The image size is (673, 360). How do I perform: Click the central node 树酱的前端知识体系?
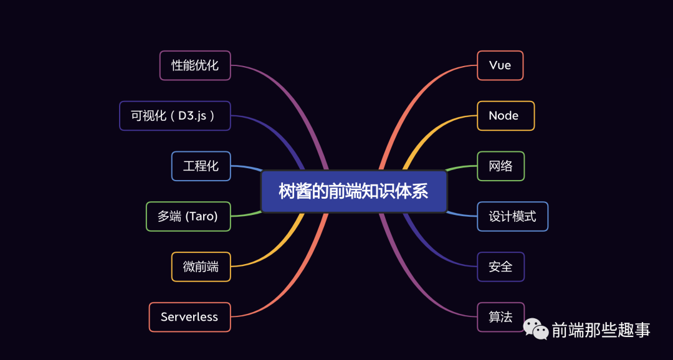pyautogui.click(x=354, y=191)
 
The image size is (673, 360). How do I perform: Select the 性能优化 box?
pyautogui.click(x=195, y=65)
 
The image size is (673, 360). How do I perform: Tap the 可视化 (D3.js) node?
pyautogui.click(x=175, y=116)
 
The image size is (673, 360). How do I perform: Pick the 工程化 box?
pyautogui.click(x=201, y=166)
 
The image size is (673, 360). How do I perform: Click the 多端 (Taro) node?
pyautogui.click(x=188, y=217)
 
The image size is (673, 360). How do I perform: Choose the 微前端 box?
pyautogui.click(x=201, y=267)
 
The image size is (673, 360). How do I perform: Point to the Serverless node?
pyautogui.click(x=190, y=317)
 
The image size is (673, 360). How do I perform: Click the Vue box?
pyautogui.click(x=500, y=65)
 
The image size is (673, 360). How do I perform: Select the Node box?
pyautogui.click(x=505, y=116)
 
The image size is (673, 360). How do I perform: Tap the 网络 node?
pyautogui.click(x=500, y=166)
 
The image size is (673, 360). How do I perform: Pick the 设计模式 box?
pyautogui.click(x=512, y=217)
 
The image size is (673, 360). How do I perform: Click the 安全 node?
pyautogui.click(x=500, y=267)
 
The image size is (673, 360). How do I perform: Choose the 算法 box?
pyautogui.click(x=500, y=317)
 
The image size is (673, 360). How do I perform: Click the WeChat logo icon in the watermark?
pyautogui.click(x=536, y=329)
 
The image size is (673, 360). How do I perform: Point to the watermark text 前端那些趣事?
pyautogui.click(x=601, y=329)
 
